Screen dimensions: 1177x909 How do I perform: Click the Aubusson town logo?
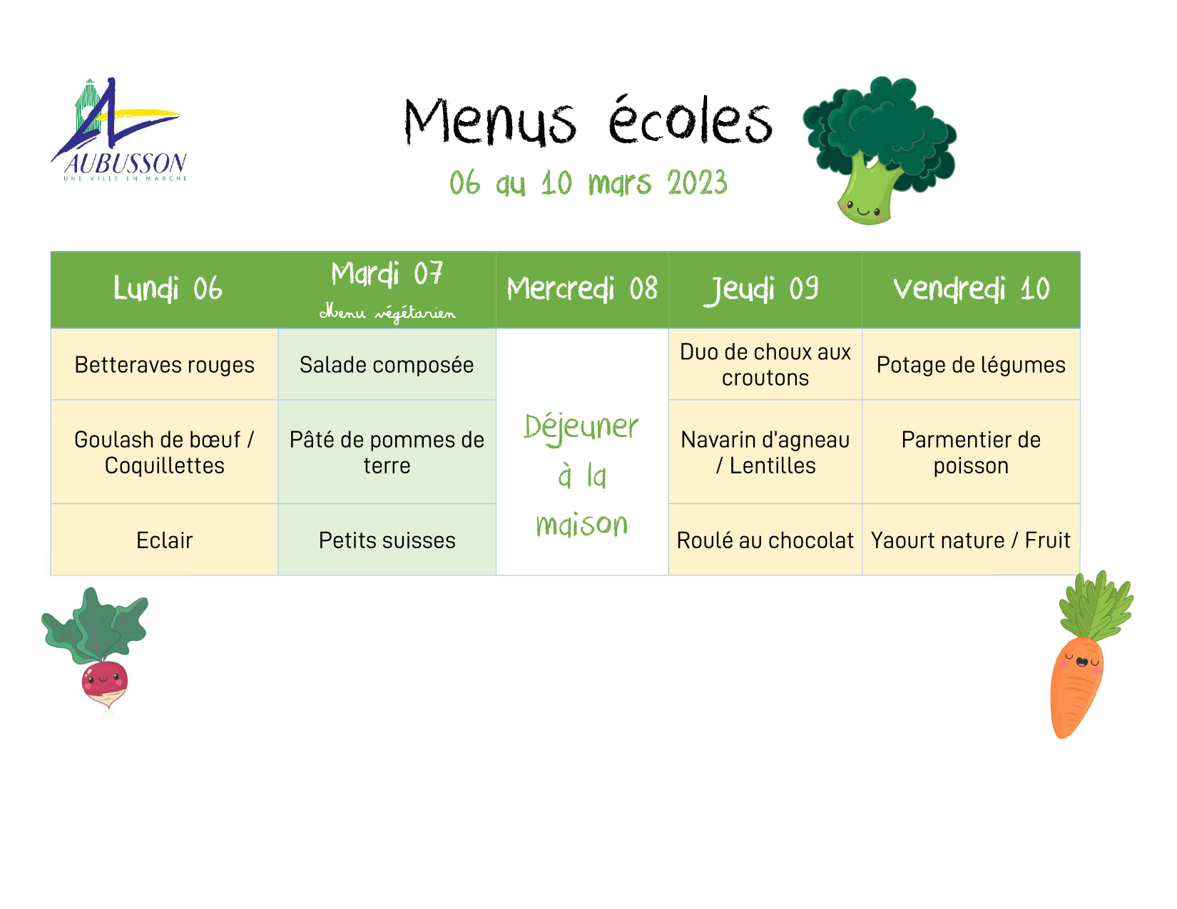(119, 129)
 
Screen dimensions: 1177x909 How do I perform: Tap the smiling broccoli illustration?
(879, 150)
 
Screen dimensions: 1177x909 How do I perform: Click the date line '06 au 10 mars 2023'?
(588, 183)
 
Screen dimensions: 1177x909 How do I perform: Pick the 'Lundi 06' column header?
(168, 288)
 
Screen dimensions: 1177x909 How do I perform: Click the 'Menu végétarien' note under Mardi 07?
(387, 313)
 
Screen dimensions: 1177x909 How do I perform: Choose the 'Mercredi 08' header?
(582, 288)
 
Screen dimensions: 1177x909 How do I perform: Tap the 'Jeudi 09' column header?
(764, 289)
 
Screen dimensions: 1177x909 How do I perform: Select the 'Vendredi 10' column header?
(971, 289)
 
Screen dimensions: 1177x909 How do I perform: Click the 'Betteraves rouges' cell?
(164, 364)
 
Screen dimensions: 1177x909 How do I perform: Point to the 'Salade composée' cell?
(387, 364)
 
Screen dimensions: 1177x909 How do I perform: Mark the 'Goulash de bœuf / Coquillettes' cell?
(164, 452)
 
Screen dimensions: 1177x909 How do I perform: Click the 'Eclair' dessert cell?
(164, 540)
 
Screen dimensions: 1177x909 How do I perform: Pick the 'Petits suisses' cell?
(387, 540)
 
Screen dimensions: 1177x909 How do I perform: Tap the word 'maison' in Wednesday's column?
(582, 523)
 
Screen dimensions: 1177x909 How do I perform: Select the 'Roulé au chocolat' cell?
(765, 540)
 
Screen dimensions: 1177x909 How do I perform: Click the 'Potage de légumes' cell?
(971, 365)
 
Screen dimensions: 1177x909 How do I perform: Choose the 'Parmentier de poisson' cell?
(971, 452)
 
